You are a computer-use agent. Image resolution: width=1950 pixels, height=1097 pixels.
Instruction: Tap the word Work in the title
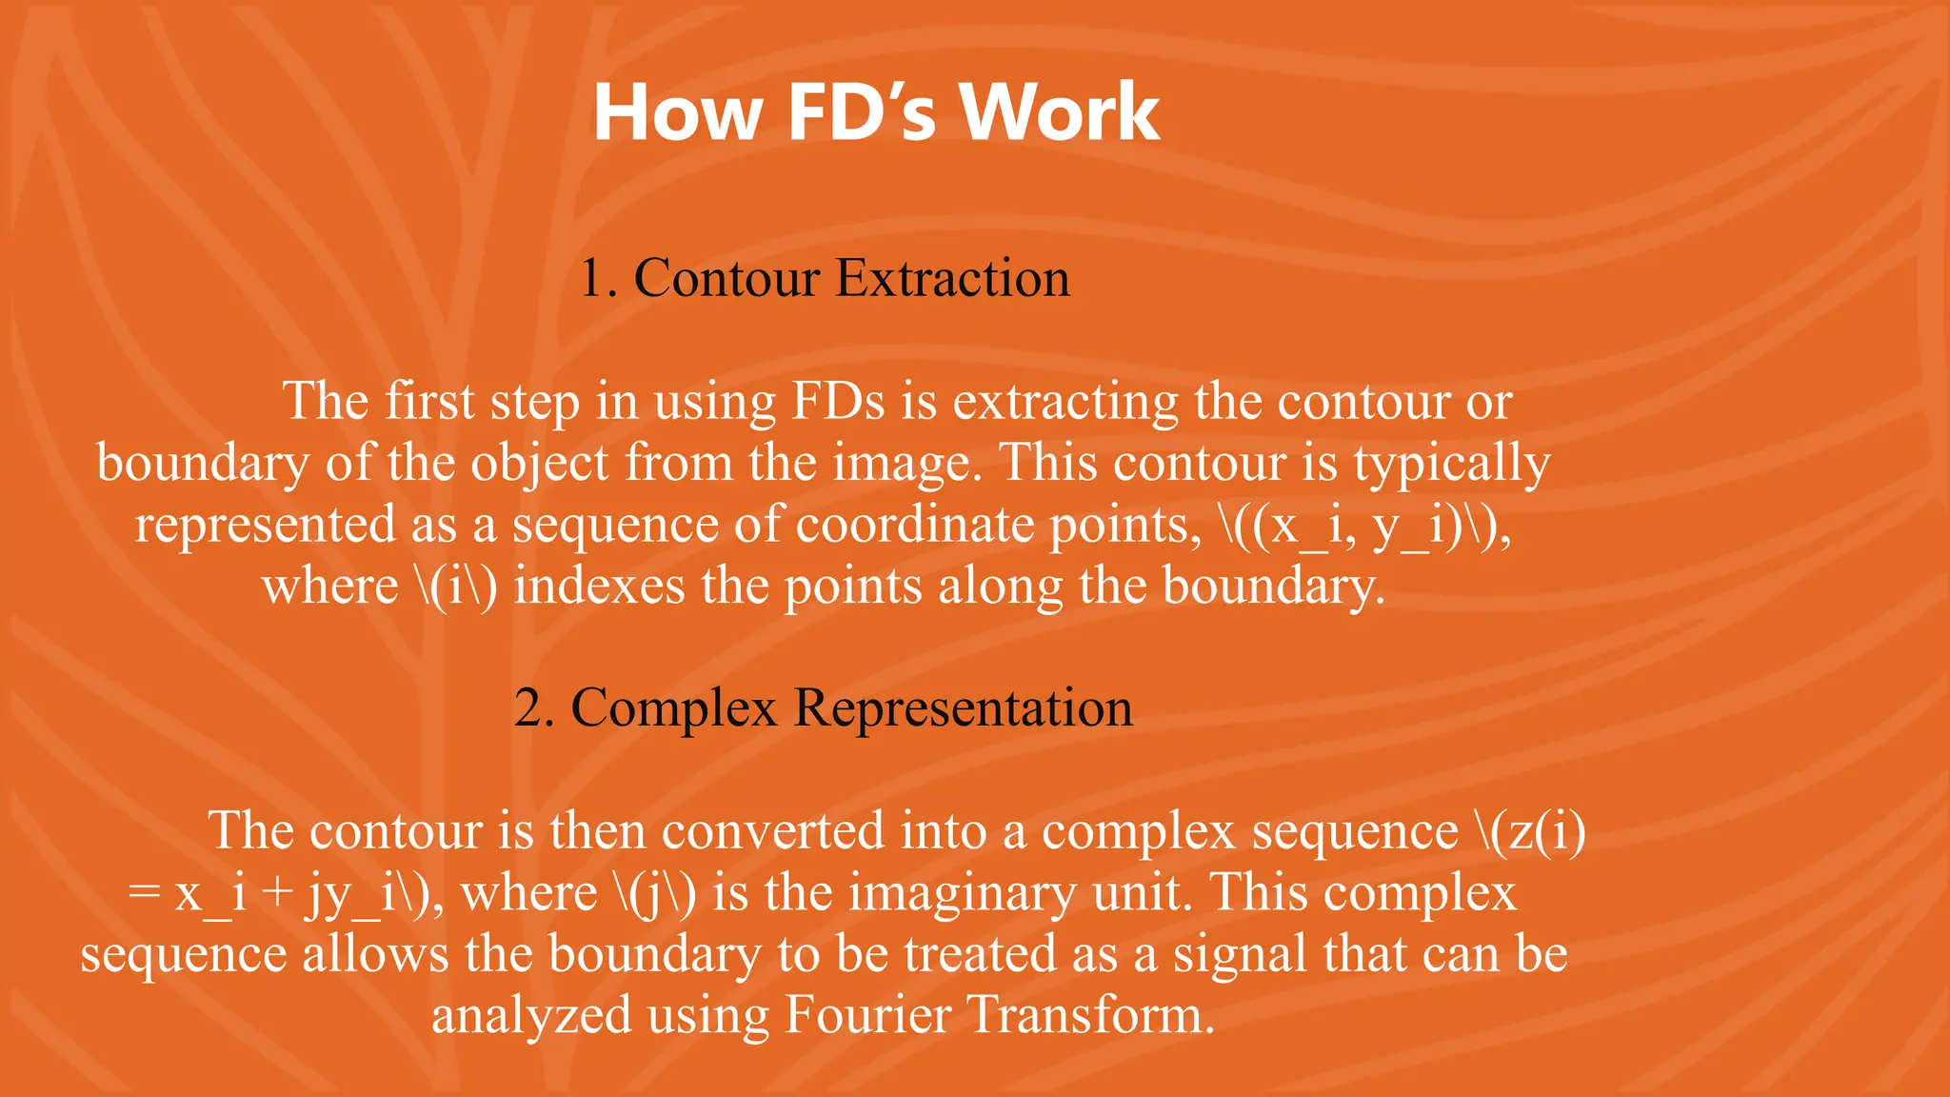click(1060, 112)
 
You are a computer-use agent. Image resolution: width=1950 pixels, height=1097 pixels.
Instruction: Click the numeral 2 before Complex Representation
click(527, 708)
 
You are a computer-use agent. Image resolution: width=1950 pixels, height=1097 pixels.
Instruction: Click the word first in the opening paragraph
click(429, 401)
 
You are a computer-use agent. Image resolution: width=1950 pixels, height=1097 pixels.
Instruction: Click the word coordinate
click(914, 525)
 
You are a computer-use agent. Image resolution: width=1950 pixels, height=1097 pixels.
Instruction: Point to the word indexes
click(599, 586)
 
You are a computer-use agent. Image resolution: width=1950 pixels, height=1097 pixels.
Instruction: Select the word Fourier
click(867, 1015)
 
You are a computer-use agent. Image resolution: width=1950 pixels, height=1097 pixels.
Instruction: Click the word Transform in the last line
click(1092, 1015)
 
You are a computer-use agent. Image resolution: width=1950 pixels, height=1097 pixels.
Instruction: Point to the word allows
click(375, 954)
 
